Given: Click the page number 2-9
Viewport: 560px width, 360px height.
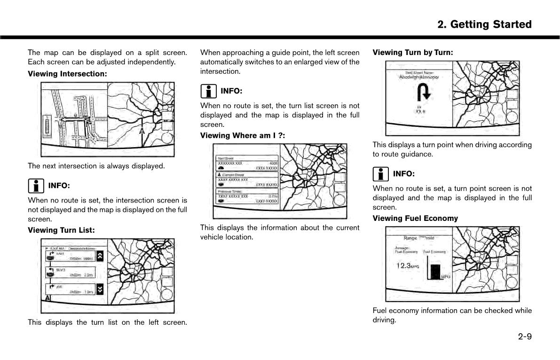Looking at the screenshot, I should pos(525,337).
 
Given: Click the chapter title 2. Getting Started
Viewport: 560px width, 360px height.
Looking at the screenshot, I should pos(484,24).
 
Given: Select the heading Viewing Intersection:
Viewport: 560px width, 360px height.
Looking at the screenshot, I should pos(67,74).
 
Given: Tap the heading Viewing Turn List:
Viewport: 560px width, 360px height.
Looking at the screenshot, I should pos(61,230).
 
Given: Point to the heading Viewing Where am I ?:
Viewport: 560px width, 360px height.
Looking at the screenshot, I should pos(243,136).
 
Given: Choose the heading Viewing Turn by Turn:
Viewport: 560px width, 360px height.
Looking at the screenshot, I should pos(413,53).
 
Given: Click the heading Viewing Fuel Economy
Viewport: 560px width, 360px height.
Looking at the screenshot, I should pos(415,219).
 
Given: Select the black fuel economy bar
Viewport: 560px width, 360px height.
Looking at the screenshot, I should pos(435,272).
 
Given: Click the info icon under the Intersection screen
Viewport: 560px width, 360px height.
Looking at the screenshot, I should pos(36,186).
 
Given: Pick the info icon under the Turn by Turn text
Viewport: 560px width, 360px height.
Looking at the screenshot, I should pos(380,174).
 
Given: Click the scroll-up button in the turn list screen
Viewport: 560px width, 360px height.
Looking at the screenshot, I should pos(100,256).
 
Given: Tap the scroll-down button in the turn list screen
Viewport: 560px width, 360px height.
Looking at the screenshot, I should pos(100,289).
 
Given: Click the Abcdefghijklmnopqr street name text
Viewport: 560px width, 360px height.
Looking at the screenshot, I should pos(418,77).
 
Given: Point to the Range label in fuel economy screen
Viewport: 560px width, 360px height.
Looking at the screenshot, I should pos(410,238).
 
